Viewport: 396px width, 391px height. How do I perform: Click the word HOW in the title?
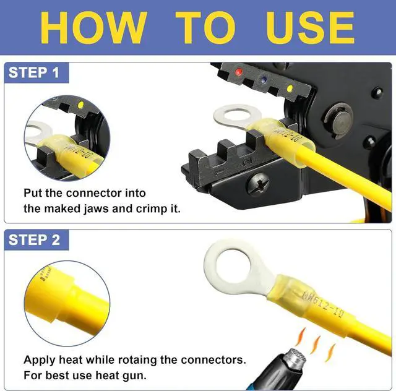pyautogui.click(x=93, y=28)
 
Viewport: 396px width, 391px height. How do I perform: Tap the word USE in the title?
pyautogui.click(x=310, y=28)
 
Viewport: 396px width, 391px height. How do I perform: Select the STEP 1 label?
pyautogui.click(x=33, y=72)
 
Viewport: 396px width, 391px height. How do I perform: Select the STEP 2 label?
pyautogui.click(x=34, y=239)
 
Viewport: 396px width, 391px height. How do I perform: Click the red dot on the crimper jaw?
pyautogui.click(x=238, y=72)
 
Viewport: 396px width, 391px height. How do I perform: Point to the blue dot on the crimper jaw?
pyautogui.click(x=264, y=80)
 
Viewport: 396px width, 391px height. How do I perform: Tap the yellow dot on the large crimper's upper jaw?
pyautogui.click(x=290, y=88)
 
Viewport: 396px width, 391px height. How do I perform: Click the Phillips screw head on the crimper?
pyautogui.click(x=258, y=183)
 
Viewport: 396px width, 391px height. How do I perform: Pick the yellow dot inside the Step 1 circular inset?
pyautogui.click(x=80, y=105)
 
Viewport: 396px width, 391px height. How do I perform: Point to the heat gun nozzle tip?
pyautogui.click(x=295, y=358)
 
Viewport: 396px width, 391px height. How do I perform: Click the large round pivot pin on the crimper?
pyautogui.click(x=339, y=121)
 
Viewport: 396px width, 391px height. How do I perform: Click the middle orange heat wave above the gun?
pyautogui.click(x=315, y=344)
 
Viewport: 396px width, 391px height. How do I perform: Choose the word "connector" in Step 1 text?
pyautogui.click(x=98, y=193)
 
